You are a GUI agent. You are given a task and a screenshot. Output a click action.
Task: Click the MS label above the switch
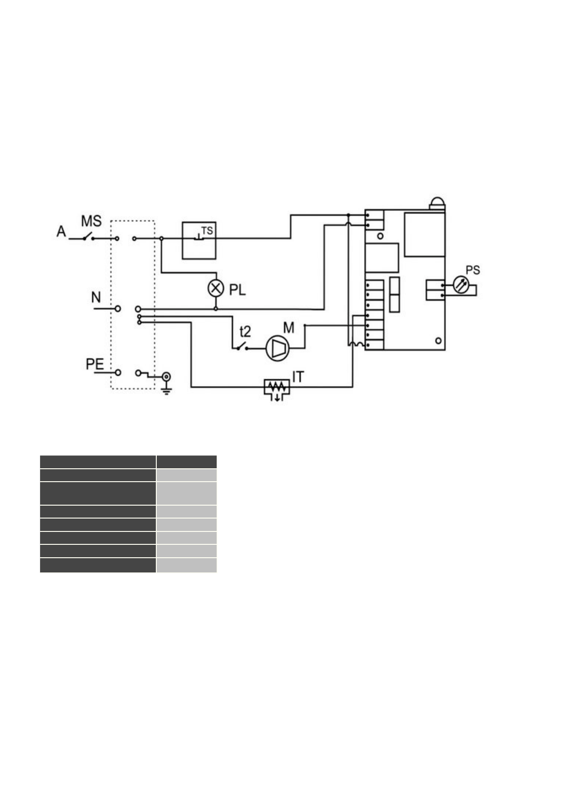point(91,221)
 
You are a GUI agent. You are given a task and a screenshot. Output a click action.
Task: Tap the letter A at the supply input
point(61,231)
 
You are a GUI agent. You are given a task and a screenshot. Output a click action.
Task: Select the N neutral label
point(96,297)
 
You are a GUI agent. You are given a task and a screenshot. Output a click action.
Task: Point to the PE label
point(95,364)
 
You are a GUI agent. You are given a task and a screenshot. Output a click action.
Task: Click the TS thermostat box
point(199,241)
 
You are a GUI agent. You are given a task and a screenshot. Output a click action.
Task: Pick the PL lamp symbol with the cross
point(215,289)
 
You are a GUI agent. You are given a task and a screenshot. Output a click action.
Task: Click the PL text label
point(237,290)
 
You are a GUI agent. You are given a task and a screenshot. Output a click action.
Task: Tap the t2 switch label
point(245,331)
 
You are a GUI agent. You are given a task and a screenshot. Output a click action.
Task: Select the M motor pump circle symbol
point(278,348)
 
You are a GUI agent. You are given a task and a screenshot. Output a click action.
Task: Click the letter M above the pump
point(289,328)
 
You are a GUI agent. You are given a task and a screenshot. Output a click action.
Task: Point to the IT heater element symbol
point(277,388)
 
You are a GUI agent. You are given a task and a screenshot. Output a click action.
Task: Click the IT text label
point(298,377)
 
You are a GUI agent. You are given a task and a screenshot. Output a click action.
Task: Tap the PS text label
point(473,270)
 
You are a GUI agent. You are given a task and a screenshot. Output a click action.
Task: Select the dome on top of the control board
point(437,202)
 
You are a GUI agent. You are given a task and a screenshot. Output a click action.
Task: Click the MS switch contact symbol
point(88,237)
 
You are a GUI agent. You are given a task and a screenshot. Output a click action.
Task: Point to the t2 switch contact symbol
point(242,347)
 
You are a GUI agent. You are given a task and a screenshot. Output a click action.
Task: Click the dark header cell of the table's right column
point(186,462)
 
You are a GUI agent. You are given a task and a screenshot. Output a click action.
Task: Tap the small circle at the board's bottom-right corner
point(438,341)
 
